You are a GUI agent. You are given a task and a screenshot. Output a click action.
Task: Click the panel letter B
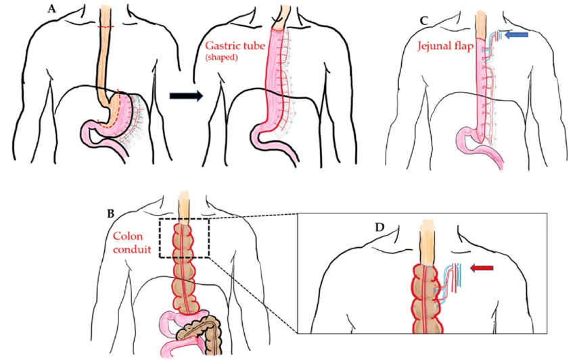(110, 213)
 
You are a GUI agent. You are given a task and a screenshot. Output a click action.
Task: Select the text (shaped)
(225, 59)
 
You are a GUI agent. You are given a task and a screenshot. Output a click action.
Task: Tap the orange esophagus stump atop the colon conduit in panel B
(184, 205)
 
